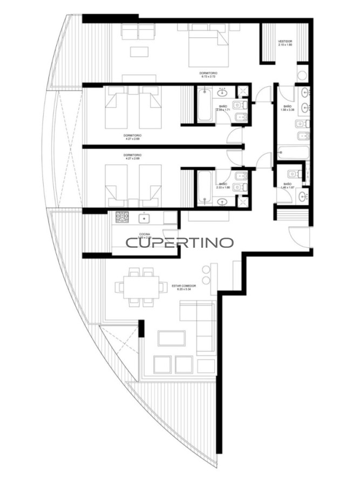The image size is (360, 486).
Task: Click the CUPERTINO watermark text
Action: pyautogui.click(x=180, y=242)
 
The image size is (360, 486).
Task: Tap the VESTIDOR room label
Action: pyautogui.click(x=285, y=41)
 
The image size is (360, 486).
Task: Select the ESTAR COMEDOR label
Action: pyautogui.click(x=184, y=286)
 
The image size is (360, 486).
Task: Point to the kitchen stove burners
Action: pyautogui.click(x=121, y=218)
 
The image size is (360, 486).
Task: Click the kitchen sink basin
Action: pyautogui.click(x=144, y=218)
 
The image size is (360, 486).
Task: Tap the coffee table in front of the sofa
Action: pyautogui.click(x=171, y=338)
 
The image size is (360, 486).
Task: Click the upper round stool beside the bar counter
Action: pyautogui.click(x=205, y=269)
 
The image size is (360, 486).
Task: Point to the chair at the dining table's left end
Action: pyautogui.click(x=120, y=285)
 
